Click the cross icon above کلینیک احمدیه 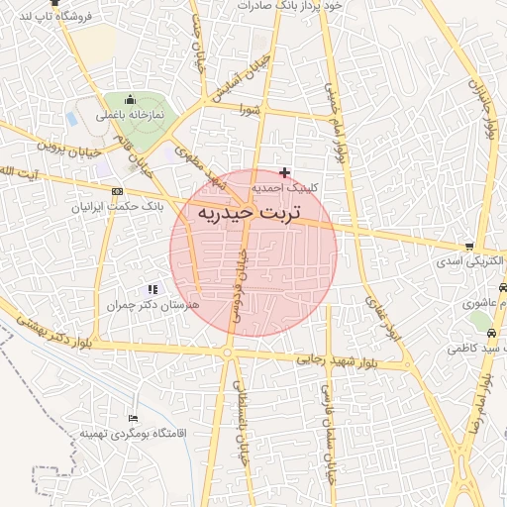(285, 172)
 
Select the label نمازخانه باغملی (129, 115)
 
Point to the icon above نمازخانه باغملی (130, 100)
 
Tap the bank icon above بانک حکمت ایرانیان (119, 191)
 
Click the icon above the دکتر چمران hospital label (152, 289)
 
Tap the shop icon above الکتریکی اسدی (468, 247)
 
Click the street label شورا (248, 109)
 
